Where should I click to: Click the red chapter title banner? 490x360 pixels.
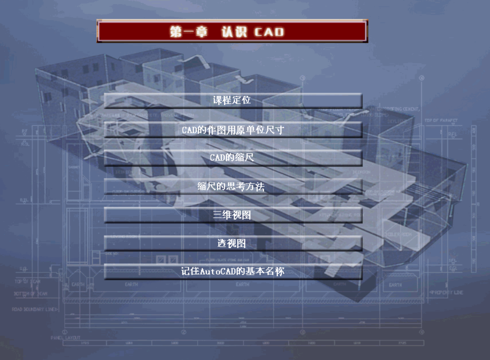click(232, 31)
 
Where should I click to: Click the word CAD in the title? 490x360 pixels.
click(269, 32)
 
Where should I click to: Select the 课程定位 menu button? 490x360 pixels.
click(233, 100)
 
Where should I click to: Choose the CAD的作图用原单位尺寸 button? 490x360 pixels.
click(233, 130)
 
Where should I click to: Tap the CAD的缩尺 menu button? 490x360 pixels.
click(233, 158)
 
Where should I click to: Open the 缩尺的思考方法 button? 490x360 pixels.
click(233, 187)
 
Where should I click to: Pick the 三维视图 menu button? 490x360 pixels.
click(233, 215)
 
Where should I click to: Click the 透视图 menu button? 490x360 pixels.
click(233, 244)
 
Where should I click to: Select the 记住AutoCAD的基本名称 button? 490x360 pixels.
click(233, 271)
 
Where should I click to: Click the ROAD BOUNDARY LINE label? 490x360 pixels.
click(35, 310)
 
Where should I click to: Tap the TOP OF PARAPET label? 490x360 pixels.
click(441, 120)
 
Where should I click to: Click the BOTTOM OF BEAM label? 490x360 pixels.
click(31, 294)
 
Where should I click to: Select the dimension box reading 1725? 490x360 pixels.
click(85, 343)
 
